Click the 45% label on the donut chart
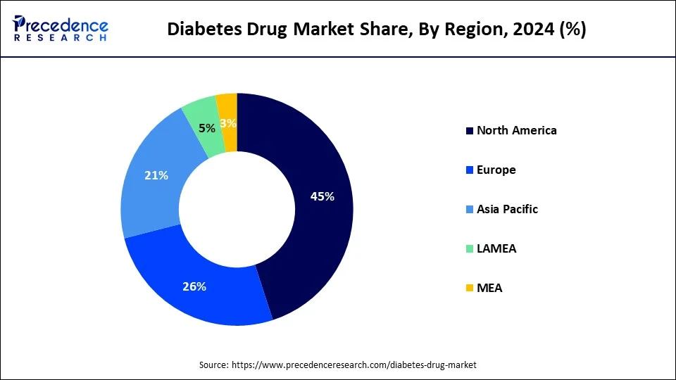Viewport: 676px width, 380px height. coord(322,197)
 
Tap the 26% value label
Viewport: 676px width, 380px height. coord(194,286)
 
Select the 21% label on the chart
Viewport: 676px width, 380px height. coord(156,175)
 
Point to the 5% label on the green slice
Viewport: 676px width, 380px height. coord(207,129)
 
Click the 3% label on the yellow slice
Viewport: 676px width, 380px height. coord(228,123)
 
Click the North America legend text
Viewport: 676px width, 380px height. coord(516,130)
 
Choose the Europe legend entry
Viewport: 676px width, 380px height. coord(496,170)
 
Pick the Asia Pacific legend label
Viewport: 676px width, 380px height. coord(507,209)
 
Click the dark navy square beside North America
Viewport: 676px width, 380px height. coord(469,131)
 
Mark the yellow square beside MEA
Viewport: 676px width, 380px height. coord(469,289)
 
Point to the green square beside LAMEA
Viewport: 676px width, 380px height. coord(469,249)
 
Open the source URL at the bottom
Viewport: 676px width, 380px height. coord(354,365)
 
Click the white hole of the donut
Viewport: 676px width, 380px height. coord(237,209)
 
